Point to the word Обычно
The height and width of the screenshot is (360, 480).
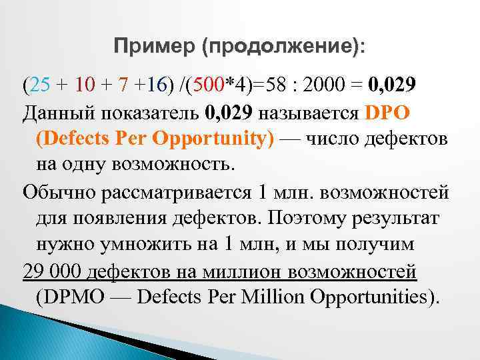tap(59, 193)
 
